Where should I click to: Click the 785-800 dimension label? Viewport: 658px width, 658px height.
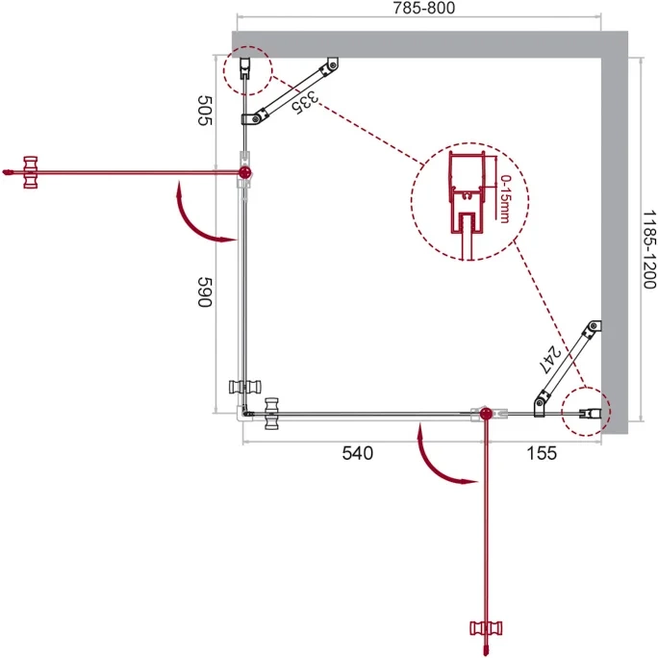pos(424,8)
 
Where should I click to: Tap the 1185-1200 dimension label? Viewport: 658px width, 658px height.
pos(649,250)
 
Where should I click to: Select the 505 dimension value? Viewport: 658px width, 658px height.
pos(205,111)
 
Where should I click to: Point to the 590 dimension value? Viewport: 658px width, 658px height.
pos(205,292)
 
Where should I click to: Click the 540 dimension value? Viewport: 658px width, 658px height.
pos(358,453)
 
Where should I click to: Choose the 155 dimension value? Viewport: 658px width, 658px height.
pos(542,453)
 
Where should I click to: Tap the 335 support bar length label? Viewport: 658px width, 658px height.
pos(305,103)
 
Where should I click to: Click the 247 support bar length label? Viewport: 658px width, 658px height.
pos(550,360)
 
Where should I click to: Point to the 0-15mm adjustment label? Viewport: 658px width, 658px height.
pos(505,199)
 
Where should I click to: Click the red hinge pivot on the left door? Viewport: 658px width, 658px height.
pos(244,171)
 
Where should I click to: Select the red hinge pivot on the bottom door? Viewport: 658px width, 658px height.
pos(486,414)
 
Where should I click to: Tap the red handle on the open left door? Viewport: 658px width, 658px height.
pos(31,172)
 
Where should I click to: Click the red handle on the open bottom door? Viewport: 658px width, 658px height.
pos(486,628)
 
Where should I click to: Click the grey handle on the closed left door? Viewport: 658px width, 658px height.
pos(245,387)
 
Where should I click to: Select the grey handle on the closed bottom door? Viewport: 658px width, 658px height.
pos(272,414)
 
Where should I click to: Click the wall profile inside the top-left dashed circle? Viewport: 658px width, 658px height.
pos(245,68)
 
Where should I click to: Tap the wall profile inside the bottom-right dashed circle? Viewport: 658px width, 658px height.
pos(590,414)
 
